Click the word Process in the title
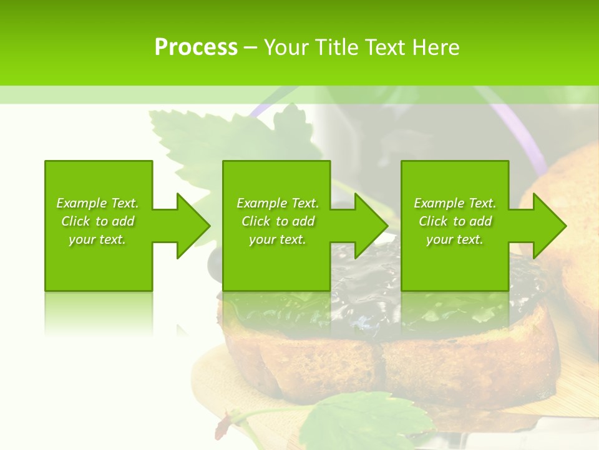196,47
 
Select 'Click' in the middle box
255,221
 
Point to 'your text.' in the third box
455,239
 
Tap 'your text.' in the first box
97,239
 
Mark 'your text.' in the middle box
277,239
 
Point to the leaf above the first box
187,134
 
